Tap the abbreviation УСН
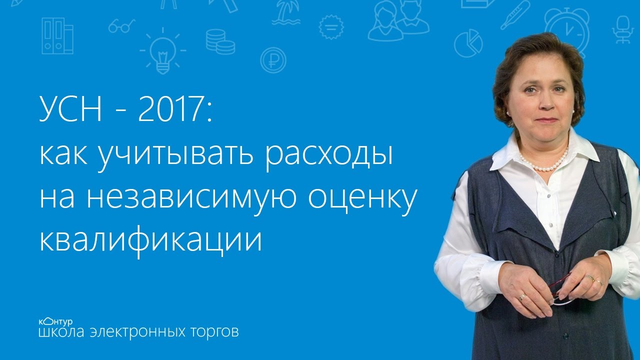(x=70, y=109)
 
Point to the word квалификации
(x=150, y=241)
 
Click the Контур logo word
(x=55, y=322)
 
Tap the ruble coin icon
(x=273, y=60)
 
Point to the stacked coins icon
(x=220, y=41)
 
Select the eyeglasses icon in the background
(x=121, y=26)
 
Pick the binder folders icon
(x=57, y=36)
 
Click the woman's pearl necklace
(x=544, y=163)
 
